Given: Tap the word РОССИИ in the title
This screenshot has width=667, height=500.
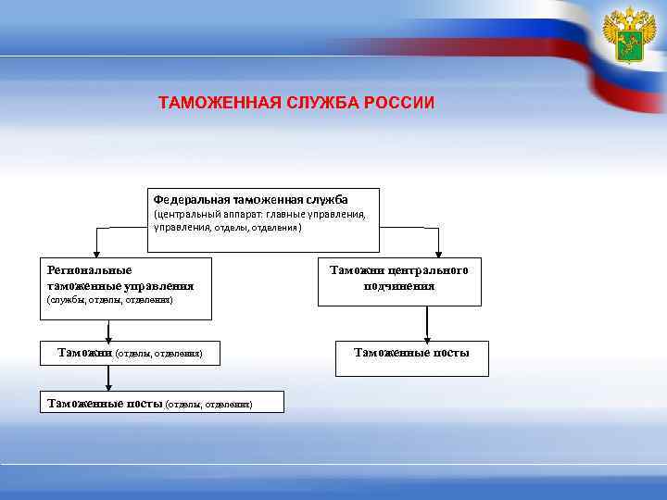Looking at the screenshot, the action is pyautogui.click(x=399, y=102).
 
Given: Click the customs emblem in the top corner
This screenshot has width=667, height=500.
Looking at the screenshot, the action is pyautogui.click(x=629, y=37).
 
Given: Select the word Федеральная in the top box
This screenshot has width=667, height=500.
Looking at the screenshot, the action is pyautogui.click(x=191, y=199).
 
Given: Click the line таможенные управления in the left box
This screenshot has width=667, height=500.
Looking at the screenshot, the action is pyautogui.click(x=120, y=285).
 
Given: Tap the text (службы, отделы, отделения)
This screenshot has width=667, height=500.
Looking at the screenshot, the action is pyautogui.click(x=109, y=301).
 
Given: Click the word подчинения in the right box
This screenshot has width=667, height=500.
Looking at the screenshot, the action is pyautogui.click(x=399, y=285).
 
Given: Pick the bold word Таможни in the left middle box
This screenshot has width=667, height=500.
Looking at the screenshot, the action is pyautogui.click(x=84, y=352).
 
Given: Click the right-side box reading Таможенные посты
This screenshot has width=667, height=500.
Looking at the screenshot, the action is pyautogui.click(x=412, y=353).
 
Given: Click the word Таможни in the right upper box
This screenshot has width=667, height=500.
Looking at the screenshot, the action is pyautogui.click(x=357, y=270).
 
